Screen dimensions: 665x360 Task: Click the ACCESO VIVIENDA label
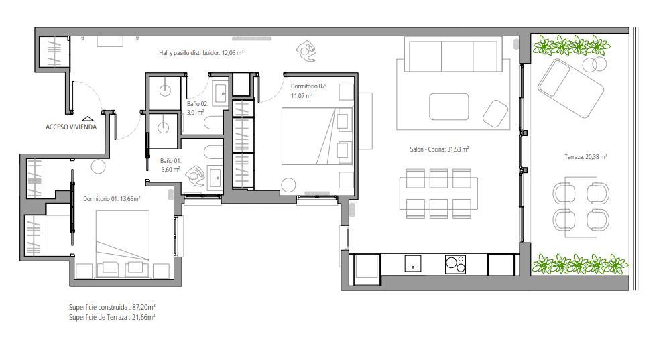pyautogui.click(x=71, y=127)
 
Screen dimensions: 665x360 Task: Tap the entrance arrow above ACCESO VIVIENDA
pyautogui.click(x=87, y=119)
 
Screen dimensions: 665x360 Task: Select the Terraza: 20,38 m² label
pyautogui.click(x=585, y=156)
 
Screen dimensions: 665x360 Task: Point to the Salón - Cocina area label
pyautogui.click(x=439, y=149)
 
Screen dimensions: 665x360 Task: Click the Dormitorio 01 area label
pyautogui.click(x=111, y=198)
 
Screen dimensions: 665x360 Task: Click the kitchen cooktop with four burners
pyautogui.click(x=455, y=264)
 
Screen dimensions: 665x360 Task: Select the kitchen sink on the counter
pyautogui.click(x=413, y=263)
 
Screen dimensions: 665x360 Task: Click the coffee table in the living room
pyautogui.click(x=448, y=107)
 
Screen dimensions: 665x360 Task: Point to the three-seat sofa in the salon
pyautogui.click(x=453, y=54)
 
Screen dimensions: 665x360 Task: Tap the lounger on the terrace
pyautogui.click(x=570, y=88)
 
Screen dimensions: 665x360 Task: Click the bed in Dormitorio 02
pyautogui.click(x=317, y=135)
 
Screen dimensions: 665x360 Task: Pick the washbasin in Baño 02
pyautogui.click(x=221, y=93)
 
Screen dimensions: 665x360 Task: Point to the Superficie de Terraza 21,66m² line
pyautogui.click(x=112, y=317)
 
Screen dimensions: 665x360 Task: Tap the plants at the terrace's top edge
pyautogui.click(x=571, y=45)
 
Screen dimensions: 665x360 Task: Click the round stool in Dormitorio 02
pyautogui.click(x=288, y=185)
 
